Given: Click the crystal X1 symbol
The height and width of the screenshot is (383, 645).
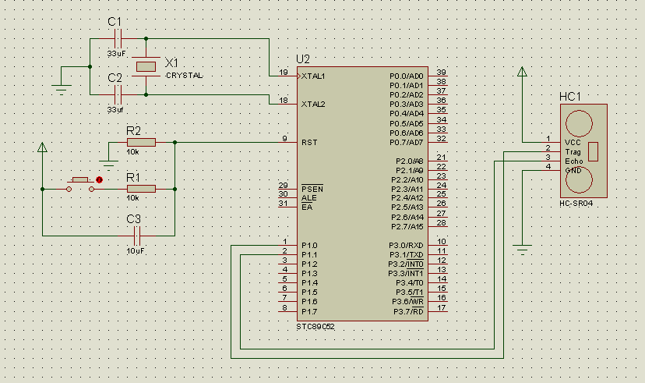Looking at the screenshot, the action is coord(146,67).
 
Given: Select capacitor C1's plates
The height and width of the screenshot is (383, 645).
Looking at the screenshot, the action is coord(118,39).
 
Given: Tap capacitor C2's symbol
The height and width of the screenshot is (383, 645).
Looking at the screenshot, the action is coord(118,94).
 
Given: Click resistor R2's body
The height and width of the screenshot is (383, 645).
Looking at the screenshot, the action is coord(141,143).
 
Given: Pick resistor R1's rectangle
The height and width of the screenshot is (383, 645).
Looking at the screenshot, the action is coord(141,189).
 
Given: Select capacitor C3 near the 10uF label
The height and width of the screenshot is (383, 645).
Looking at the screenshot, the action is coord(137,236).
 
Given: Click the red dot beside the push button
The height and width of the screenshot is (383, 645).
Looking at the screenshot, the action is coord(99,180).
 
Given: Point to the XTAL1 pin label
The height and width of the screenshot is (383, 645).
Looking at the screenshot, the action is coord(313,76).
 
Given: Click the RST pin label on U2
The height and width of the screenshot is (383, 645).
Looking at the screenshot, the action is coord(309,143).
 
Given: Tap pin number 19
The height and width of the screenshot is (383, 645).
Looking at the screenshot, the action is coord(284,73).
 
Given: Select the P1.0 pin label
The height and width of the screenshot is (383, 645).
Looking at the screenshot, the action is coord(309,246).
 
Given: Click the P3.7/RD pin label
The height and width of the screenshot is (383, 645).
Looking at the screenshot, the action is coord(408,311).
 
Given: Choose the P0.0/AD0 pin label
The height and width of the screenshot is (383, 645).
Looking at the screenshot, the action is coord(407,76).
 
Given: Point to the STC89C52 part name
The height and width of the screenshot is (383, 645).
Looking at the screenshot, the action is coord(315,327).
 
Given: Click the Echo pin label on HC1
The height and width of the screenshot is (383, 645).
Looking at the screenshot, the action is coord(574,161).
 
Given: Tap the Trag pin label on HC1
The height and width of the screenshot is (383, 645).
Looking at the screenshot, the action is coord(573,152).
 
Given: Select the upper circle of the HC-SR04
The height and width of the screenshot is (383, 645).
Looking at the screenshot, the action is coord(580,123).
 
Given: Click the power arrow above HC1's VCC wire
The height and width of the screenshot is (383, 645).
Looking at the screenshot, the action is coord(523,72).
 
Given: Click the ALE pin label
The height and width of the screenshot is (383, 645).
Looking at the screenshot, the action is coord(309,198).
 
